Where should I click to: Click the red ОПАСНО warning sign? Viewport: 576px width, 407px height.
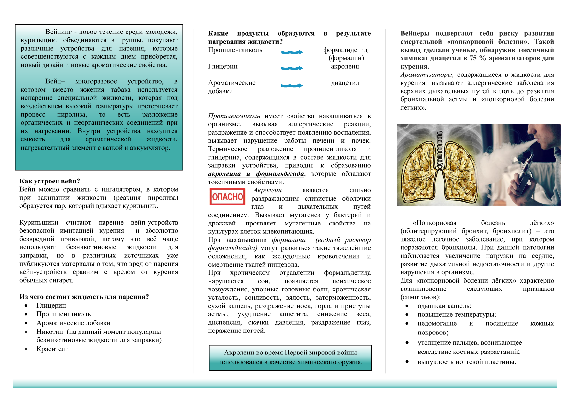(227, 197)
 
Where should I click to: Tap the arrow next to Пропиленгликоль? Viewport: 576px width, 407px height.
(292, 52)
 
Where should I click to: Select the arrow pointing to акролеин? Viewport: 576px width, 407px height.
(292, 68)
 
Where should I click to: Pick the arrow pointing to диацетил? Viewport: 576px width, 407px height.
(292, 86)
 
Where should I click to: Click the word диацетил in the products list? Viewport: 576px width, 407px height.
(345, 83)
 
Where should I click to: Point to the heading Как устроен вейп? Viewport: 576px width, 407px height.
(50, 181)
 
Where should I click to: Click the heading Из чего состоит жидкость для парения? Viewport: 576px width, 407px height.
(84, 297)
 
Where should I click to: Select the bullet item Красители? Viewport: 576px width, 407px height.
(53, 349)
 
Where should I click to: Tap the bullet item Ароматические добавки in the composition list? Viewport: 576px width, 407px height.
(73, 323)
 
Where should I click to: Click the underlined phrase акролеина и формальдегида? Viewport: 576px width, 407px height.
(256, 174)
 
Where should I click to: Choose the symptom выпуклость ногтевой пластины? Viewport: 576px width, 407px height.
(467, 362)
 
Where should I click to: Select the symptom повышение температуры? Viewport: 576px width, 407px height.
(457, 314)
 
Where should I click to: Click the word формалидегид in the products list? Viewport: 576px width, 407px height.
(345, 50)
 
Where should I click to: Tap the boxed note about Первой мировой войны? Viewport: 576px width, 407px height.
(290, 357)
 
